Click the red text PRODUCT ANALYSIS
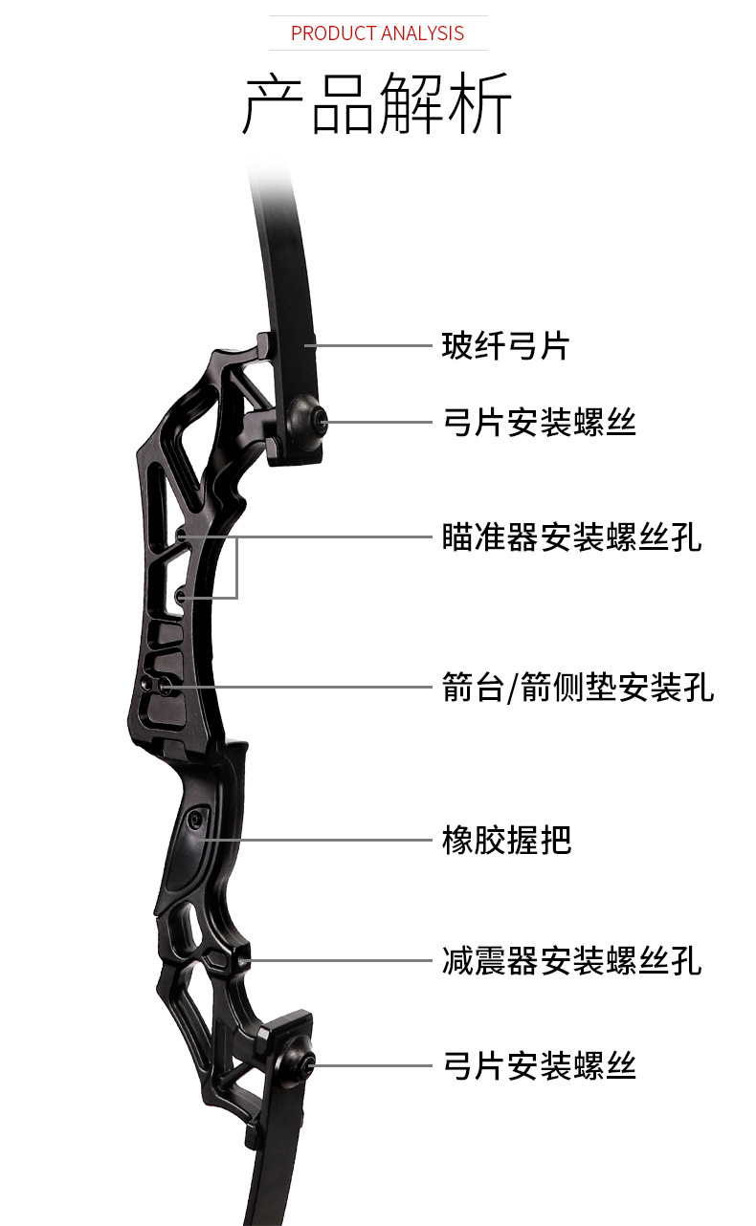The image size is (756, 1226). click(x=377, y=33)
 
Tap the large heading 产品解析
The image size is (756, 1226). click(x=377, y=102)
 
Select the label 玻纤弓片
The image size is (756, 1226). click(x=505, y=345)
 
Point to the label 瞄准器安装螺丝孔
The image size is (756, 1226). click(x=571, y=536)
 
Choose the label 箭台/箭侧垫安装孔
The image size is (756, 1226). click(x=578, y=687)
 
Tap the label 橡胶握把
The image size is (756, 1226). click(x=506, y=840)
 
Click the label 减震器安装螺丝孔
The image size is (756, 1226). click(x=571, y=959)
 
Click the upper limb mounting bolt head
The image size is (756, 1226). click(x=309, y=419)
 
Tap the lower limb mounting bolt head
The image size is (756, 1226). click(x=300, y=1064)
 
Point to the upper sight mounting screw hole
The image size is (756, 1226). click(x=183, y=537)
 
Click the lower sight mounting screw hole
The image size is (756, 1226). click(x=180, y=598)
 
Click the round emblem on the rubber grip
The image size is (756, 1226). click(x=197, y=820)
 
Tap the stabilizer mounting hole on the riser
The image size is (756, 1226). click(x=243, y=957)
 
